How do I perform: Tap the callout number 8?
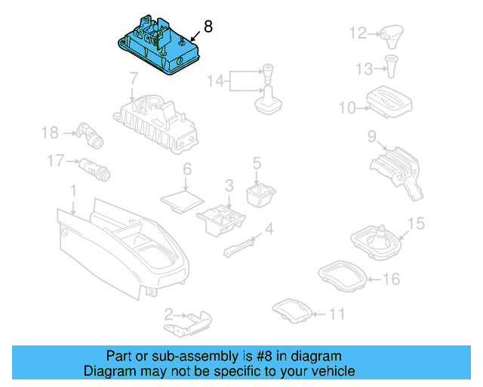(208, 26)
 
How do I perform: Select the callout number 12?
(358, 33)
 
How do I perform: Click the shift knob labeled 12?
(392, 33)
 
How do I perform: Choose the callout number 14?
(215, 80)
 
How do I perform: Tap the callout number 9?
(372, 137)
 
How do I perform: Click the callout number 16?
(390, 280)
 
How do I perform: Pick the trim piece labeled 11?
(291, 310)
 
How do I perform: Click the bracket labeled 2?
(189, 321)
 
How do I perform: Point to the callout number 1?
(73, 188)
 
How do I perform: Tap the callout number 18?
(50, 133)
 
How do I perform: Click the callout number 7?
(133, 78)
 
